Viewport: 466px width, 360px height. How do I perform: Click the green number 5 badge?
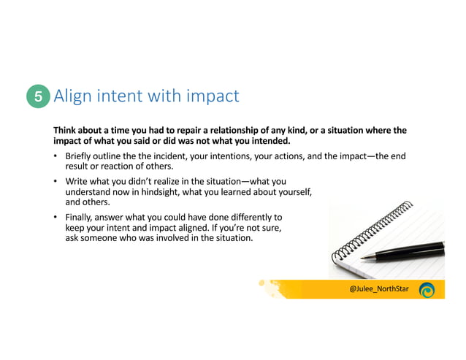coord(38,96)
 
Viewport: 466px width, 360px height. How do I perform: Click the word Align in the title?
coord(72,96)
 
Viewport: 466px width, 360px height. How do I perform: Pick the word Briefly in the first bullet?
coord(81,156)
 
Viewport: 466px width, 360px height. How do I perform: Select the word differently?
coord(253,217)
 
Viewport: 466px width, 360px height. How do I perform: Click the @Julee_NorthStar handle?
coord(378,289)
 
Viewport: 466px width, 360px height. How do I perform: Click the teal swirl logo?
coord(427,289)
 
